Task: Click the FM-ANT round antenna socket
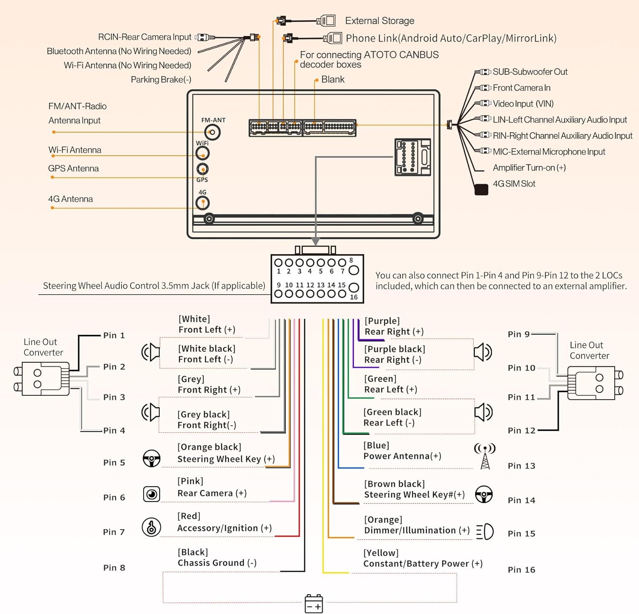click(212, 132)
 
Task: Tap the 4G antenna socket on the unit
click(202, 203)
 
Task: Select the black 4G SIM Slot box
click(481, 189)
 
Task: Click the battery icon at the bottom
click(314, 604)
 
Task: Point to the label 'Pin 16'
click(521, 570)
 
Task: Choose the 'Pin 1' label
click(114, 335)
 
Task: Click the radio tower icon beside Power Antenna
click(485, 456)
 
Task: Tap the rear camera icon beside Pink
click(152, 494)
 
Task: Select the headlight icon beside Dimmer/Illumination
click(485, 532)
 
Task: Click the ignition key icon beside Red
click(151, 527)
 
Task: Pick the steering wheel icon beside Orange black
click(152, 458)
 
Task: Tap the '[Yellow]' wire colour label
click(381, 553)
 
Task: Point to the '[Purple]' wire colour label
click(382, 321)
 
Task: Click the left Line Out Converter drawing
click(42, 379)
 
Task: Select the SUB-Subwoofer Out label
click(530, 72)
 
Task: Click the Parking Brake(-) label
click(161, 80)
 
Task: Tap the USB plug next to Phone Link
click(332, 38)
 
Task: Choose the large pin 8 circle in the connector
click(354, 270)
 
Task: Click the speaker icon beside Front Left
click(150, 352)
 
